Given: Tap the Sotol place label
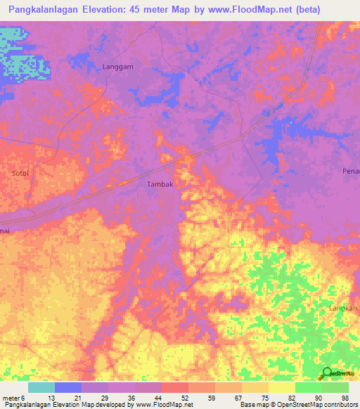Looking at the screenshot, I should (x=21, y=172).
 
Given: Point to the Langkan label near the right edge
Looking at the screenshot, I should (x=344, y=309).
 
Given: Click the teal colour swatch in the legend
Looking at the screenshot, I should (x=41, y=387).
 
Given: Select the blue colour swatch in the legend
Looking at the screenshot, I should (x=68, y=387).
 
